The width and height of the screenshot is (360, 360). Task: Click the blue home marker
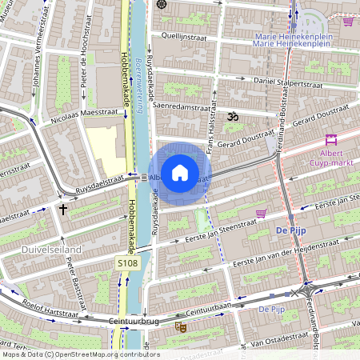tap(180, 173)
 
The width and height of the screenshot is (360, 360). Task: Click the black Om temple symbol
tap(234, 118)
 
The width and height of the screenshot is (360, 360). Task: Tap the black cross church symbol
tap(63, 210)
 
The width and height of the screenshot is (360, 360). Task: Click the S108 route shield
tap(128, 262)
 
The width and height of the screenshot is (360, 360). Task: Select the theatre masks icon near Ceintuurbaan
tap(182, 326)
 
